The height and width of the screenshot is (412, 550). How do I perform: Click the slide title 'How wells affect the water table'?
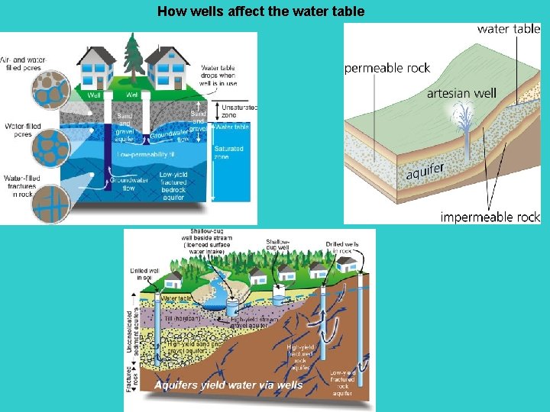click(260, 11)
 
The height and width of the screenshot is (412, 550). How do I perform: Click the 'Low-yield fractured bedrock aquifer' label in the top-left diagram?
click(173, 185)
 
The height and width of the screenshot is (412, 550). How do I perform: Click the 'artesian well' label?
click(461, 93)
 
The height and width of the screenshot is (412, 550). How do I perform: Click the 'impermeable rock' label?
click(490, 217)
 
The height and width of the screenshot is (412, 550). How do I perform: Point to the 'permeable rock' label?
click(387, 68)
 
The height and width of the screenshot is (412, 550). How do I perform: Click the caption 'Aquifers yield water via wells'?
click(228, 385)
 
